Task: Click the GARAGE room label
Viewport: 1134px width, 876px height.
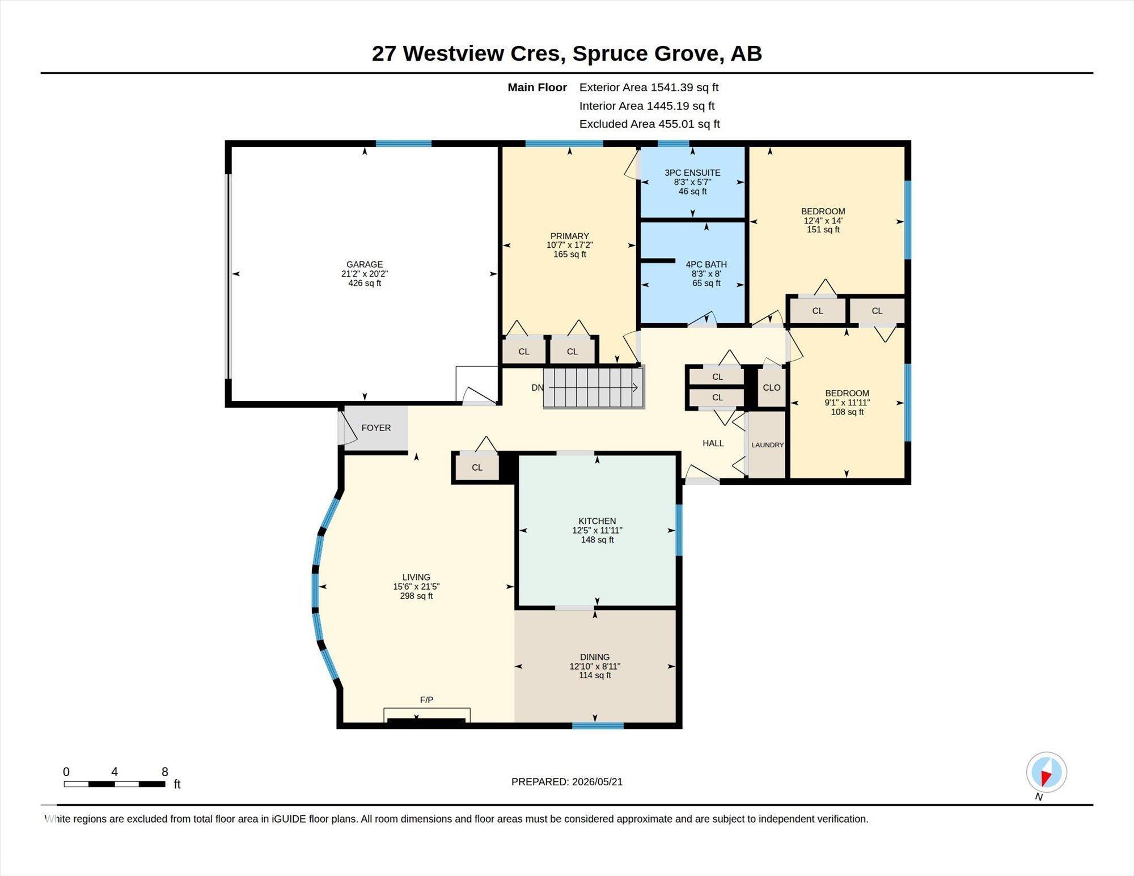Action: click(365, 264)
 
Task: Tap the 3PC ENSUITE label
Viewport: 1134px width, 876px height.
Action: click(692, 173)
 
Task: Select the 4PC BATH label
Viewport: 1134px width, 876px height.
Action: click(706, 264)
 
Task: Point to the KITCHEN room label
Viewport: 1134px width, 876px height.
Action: click(597, 521)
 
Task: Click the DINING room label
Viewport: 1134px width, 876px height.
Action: click(595, 657)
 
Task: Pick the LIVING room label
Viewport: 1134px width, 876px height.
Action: click(416, 577)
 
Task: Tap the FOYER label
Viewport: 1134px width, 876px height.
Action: click(376, 428)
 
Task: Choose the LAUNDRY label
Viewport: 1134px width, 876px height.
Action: click(768, 445)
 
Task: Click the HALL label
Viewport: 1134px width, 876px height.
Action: click(713, 443)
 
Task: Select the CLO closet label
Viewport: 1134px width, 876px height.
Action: click(772, 388)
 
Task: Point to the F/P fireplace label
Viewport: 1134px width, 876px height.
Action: click(426, 700)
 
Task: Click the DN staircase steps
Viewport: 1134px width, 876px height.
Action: click(594, 388)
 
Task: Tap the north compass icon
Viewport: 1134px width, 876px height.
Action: click(1046, 772)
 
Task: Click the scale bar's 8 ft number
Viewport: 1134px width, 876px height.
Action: click(165, 772)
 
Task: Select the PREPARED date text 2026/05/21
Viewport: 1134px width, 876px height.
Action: click(597, 782)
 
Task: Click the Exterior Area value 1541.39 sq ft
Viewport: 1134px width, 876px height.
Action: click(684, 87)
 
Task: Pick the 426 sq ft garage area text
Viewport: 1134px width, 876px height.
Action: click(365, 283)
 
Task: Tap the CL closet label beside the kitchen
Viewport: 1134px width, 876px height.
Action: click(477, 468)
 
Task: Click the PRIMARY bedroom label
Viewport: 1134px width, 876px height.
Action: click(569, 236)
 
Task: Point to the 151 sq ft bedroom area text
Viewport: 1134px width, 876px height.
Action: click(823, 230)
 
